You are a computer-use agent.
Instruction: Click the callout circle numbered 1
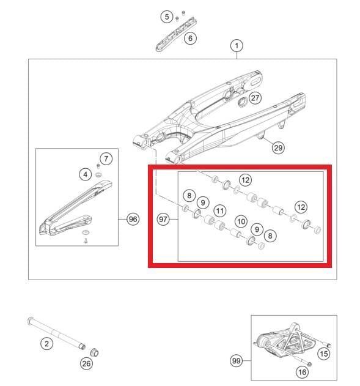(236, 45)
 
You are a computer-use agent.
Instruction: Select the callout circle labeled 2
(46, 343)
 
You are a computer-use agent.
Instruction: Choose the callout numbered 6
(190, 39)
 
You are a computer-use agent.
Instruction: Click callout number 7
(106, 159)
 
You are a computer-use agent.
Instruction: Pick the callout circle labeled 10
(240, 221)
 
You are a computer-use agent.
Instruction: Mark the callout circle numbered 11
(219, 209)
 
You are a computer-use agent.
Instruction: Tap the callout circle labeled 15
(324, 353)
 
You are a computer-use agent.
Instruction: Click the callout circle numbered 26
(86, 365)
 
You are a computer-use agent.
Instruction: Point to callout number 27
(255, 98)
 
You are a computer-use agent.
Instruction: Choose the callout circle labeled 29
(278, 148)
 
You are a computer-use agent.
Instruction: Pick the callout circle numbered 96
(133, 218)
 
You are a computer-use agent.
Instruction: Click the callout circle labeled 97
(163, 218)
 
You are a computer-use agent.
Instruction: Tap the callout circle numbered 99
(237, 361)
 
